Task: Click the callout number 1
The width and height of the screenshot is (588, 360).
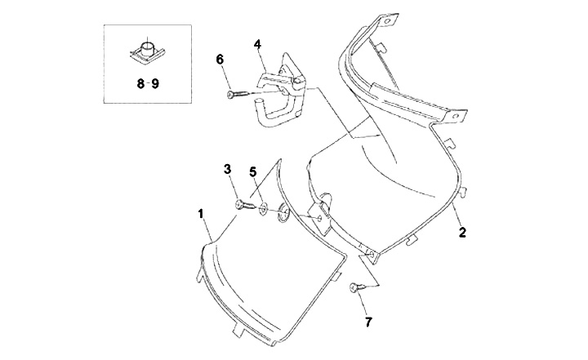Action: coord(200,213)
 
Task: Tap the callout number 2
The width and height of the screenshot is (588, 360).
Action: coord(461,233)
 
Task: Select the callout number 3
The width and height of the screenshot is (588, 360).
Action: coord(229,169)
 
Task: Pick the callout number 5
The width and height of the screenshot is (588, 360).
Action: coord(253,172)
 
